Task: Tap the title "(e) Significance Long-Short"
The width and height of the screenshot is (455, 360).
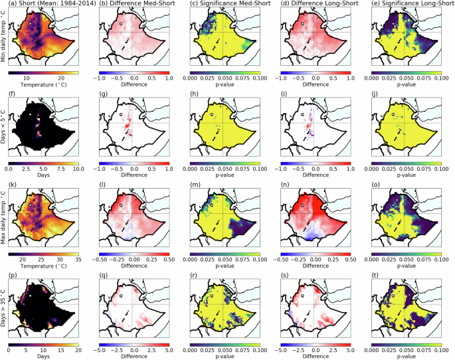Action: tap(407, 5)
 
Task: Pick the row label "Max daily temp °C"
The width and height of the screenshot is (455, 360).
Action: tap(4, 223)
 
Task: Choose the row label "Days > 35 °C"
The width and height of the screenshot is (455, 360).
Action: tap(4, 312)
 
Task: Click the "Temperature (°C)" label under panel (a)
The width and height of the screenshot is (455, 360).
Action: tap(44, 86)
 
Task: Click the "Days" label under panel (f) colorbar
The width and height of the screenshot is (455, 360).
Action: tap(44, 175)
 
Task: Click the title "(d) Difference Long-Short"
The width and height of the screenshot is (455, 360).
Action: tap(316, 5)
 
